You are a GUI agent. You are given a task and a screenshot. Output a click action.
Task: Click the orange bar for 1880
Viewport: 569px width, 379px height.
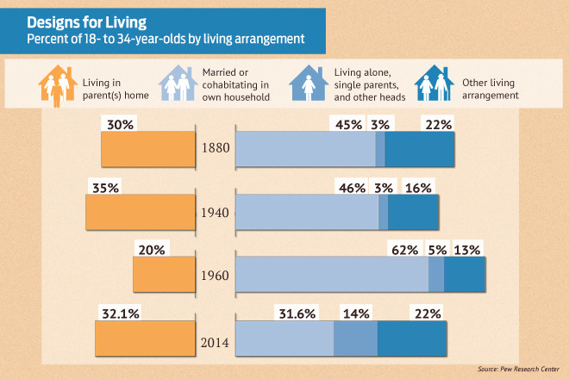[x=149, y=148]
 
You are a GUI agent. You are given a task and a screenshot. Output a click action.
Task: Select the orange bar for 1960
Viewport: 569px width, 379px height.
[x=165, y=274]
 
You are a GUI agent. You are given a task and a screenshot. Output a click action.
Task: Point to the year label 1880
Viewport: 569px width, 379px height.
[x=216, y=148]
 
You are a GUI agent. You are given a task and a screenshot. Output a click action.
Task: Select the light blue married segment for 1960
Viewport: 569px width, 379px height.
[x=332, y=274]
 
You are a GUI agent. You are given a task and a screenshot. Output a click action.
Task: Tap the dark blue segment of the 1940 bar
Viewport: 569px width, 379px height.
[x=414, y=211]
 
